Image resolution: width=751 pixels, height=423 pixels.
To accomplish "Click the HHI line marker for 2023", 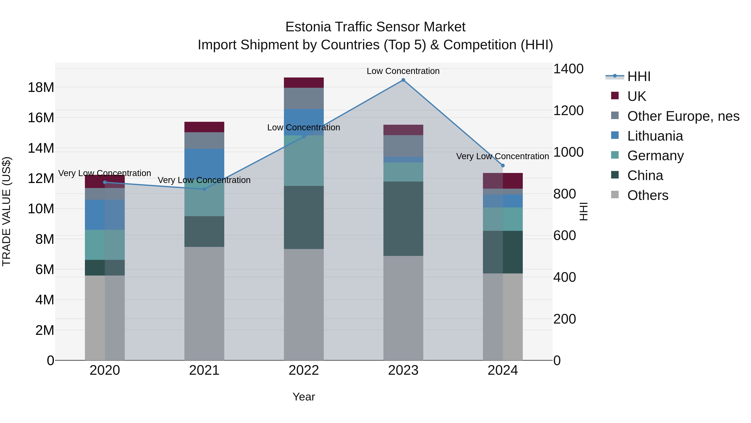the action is point(403,80).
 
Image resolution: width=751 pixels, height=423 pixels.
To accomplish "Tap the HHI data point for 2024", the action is point(503,165).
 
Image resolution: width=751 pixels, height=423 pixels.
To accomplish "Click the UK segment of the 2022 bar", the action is point(304,83).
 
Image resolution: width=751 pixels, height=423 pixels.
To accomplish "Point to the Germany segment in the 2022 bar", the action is point(304,161).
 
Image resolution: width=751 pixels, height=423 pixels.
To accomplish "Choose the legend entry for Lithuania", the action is point(655,136).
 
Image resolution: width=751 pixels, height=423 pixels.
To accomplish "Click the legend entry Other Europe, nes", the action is point(683,116).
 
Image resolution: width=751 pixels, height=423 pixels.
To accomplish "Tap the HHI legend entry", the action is point(639,76).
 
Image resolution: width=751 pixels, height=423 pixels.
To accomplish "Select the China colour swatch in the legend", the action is point(615,175).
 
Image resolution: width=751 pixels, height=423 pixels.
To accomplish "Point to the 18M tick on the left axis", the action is point(41,88).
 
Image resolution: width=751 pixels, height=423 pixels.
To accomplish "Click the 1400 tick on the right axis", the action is point(568,69).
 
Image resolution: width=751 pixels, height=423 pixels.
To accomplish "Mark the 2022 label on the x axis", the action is point(304,370).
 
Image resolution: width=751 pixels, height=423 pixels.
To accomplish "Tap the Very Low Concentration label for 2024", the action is point(502,156).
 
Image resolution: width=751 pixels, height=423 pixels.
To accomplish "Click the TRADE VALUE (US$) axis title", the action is point(6,211).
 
